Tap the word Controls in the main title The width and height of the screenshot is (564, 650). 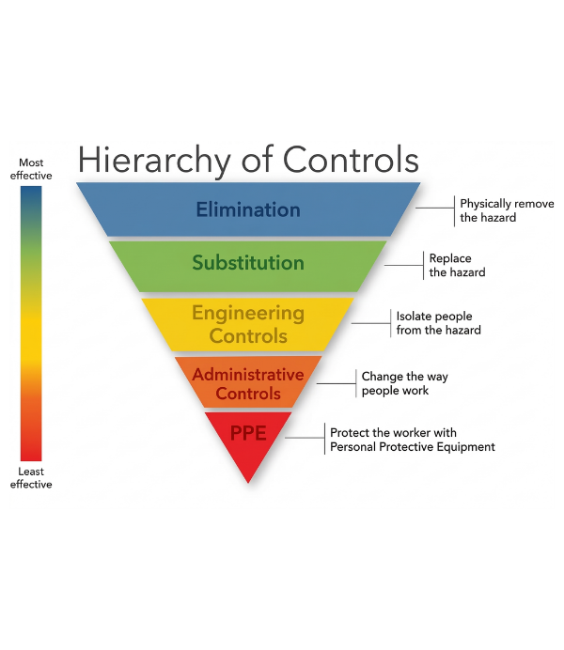[351, 159]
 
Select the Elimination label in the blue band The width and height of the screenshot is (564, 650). [248, 209]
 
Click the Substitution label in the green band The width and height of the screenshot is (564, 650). [248, 263]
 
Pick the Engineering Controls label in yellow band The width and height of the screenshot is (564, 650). [248, 324]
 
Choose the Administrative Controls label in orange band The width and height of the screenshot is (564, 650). [248, 383]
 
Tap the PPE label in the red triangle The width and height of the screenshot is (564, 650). [248, 434]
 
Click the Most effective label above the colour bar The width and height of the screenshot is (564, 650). [31, 169]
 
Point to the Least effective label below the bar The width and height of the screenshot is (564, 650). [31, 478]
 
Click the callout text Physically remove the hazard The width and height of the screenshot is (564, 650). [507, 210]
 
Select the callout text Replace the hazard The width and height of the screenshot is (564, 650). [451, 265]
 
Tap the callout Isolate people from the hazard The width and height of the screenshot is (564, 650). [438, 323]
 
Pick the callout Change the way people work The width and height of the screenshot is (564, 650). [405, 383]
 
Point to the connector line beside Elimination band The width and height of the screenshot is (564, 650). [435, 209]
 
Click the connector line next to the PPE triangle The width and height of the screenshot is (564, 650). [305, 438]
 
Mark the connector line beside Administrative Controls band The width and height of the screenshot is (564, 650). [336, 382]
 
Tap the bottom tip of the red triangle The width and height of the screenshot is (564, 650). [248, 481]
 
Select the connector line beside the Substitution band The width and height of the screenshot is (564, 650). [404, 265]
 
